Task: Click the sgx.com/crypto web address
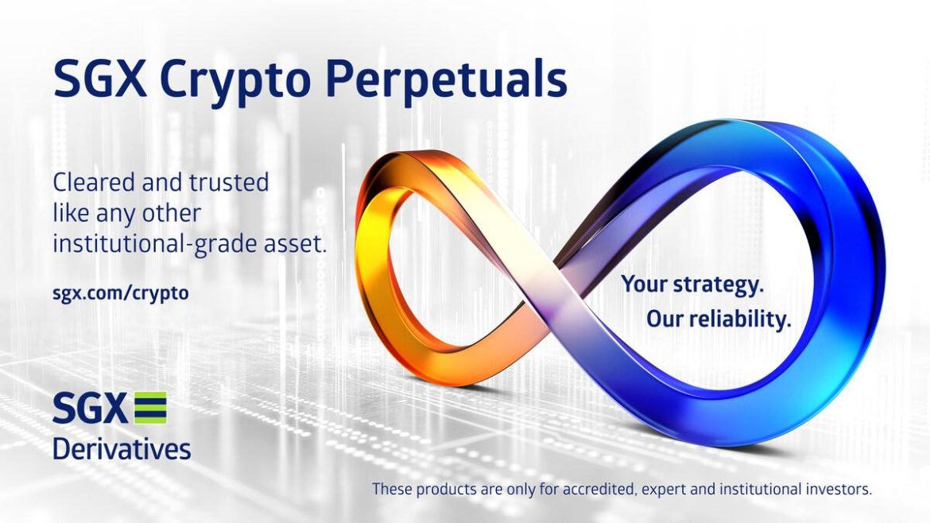(121, 292)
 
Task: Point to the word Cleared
(93, 183)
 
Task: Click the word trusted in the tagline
(228, 183)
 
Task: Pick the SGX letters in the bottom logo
(89, 409)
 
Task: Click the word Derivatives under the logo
(122, 447)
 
